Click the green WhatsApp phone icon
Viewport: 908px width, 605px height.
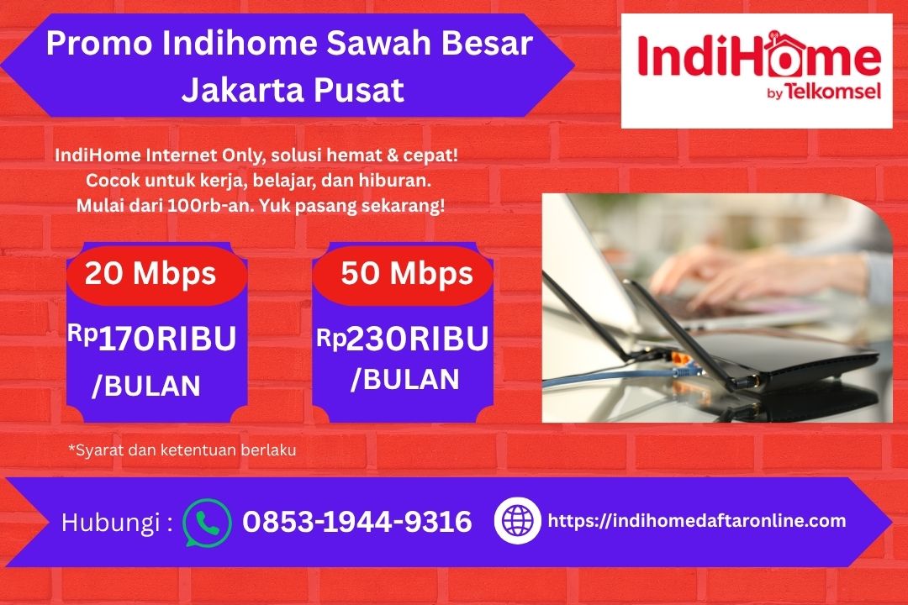(207, 523)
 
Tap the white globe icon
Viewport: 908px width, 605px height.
(517, 521)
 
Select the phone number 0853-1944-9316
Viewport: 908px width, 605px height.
(357, 522)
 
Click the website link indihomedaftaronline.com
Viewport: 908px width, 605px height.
(697, 521)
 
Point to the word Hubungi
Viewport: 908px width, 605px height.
(111, 523)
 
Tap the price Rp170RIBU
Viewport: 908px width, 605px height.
(152, 339)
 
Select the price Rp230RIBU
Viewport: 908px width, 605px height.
(403, 339)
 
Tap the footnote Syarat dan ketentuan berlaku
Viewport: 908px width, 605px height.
(182, 450)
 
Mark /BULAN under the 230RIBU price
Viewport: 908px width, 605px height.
(404, 378)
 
